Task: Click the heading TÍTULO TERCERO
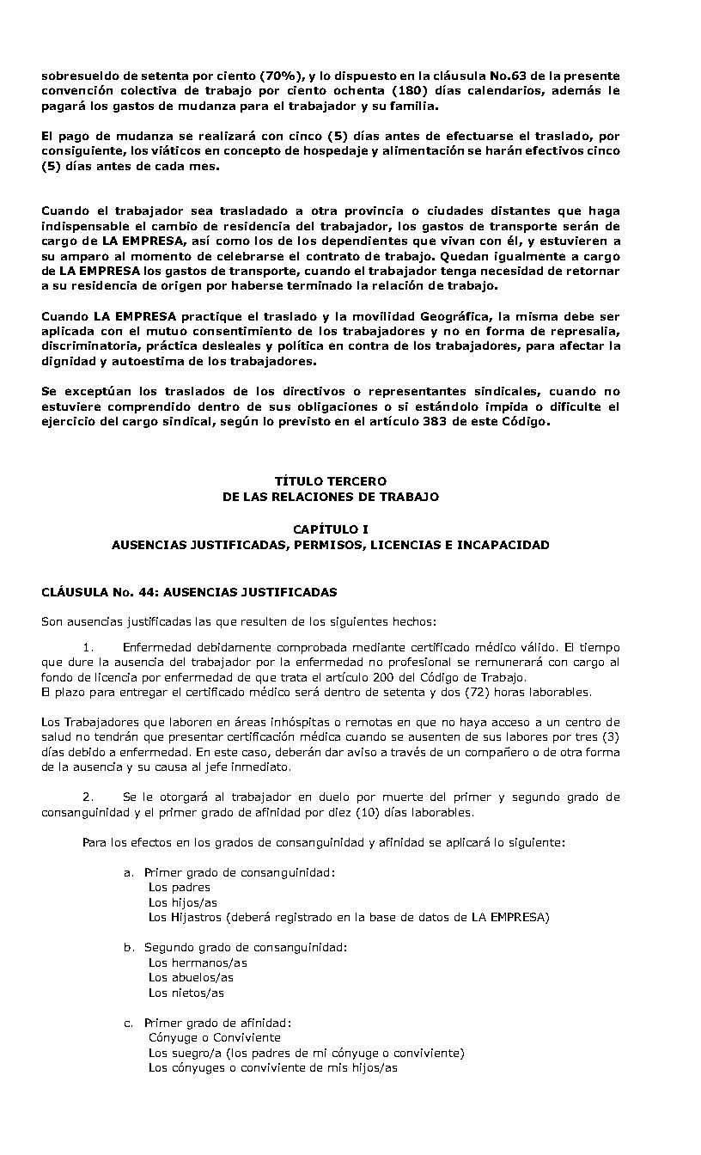coord(331,482)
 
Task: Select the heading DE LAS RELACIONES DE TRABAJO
coord(331,498)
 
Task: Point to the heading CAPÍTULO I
coord(331,529)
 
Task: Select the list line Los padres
coord(179,887)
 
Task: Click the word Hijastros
coord(197,917)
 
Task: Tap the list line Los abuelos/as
coord(191,977)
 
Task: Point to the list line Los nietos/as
coord(186,993)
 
